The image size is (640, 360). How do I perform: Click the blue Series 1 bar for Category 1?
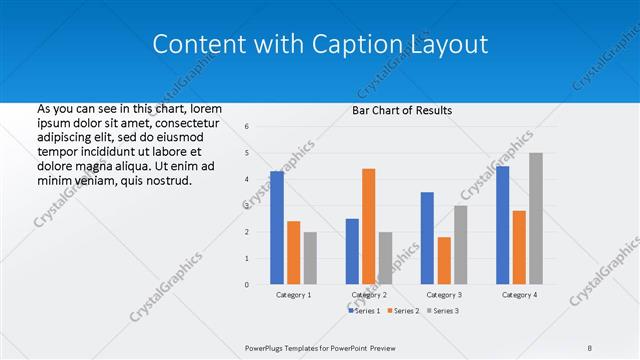pos(277,228)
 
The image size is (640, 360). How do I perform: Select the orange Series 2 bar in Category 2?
pos(368,227)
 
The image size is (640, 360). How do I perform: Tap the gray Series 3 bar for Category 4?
pos(536,219)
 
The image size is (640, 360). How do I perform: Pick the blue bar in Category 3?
pos(427,238)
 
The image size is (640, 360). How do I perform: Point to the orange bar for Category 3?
pos(443,261)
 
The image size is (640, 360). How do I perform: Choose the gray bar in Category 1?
pos(310,258)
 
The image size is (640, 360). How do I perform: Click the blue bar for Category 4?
pos(502,225)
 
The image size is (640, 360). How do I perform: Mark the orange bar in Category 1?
pos(293,253)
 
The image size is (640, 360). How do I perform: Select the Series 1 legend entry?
pos(365,311)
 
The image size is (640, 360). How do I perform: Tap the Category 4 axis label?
pos(518,296)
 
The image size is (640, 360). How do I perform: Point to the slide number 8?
pos(590,347)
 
